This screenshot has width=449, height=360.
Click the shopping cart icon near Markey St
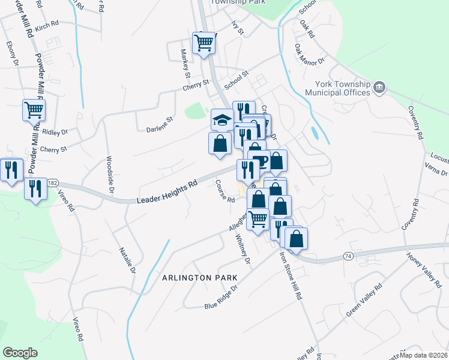(203, 43)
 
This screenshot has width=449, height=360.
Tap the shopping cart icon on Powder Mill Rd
(34, 110)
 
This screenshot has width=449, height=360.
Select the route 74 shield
(348, 256)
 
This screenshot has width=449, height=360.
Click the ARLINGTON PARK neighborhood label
(200, 278)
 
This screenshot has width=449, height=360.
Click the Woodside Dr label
(110, 175)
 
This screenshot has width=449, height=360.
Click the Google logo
(20, 352)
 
